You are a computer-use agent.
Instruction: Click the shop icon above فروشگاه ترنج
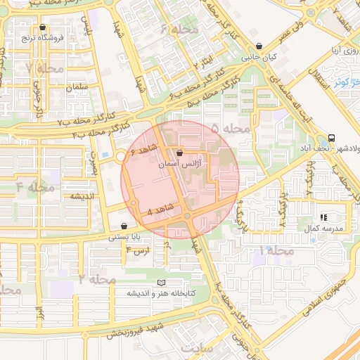[43, 28]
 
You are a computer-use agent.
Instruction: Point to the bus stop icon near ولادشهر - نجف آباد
[330, 138]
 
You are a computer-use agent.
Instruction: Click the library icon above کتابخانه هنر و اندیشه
[162, 283]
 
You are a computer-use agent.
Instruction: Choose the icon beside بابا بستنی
[124, 226]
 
